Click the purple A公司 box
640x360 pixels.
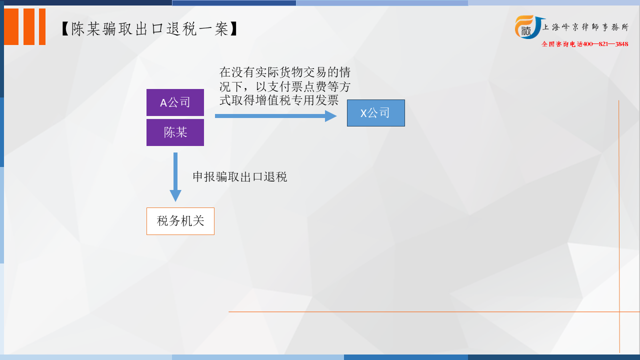tap(175, 102)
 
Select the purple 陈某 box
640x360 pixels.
tap(175, 132)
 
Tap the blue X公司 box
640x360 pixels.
tap(375, 113)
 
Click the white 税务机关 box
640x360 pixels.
tap(180, 221)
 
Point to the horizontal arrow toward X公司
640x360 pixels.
tap(275, 116)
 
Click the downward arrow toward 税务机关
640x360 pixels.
tap(175, 177)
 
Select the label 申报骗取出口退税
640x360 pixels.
tap(239, 177)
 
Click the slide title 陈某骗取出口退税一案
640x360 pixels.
tap(149, 29)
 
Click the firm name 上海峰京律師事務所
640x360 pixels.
tap(585, 27)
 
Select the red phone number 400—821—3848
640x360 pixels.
tap(605, 44)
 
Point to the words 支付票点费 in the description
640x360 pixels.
tap(297, 86)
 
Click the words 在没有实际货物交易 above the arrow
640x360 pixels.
tap(273, 72)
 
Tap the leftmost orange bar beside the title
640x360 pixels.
tap(11, 26)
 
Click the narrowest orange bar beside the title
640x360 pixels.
tap(42, 26)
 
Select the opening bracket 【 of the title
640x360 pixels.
tap(65, 29)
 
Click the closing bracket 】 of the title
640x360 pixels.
tap(233, 29)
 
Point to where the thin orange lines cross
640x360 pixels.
tap(619, 311)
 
